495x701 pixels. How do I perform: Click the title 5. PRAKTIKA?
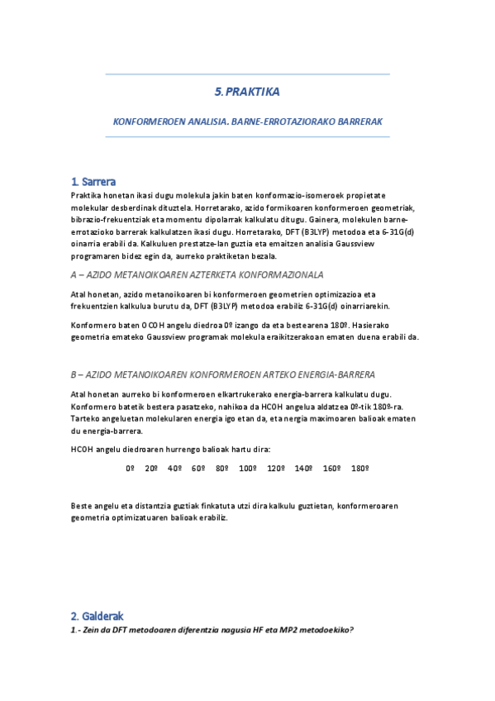point(247,93)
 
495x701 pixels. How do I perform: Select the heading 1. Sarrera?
point(93,182)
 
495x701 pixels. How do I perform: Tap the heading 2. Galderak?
point(97,616)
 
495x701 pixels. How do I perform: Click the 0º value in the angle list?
point(130,469)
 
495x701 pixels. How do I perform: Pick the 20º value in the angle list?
point(151,469)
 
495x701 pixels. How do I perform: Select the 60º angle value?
point(198,469)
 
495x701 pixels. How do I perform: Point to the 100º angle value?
point(247,469)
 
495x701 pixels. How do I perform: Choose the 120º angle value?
point(275,469)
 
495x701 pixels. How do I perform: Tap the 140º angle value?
point(303,469)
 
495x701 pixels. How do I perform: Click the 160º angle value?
point(331,469)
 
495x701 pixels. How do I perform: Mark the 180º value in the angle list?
point(359,469)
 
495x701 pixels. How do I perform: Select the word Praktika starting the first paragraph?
point(88,195)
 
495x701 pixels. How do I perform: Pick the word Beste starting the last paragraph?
point(83,506)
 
